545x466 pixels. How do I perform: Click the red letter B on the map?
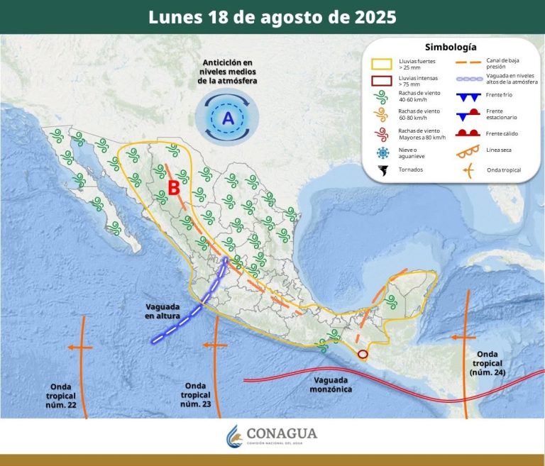click(173, 189)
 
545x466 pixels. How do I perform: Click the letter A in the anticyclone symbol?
click(228, 118)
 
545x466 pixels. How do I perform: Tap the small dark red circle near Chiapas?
click(363, 353)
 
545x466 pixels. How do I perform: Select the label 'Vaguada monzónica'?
click(331, 384)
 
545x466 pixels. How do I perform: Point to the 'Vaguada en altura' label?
click(163, 310)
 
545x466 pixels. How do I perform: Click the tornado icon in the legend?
click(384, 170)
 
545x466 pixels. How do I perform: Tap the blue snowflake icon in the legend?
click(383, 152)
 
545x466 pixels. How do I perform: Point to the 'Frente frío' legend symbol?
click(466, 96)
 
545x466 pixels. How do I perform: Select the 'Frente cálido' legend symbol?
click(466, 133)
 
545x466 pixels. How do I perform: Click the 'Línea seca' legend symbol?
click(466, 151)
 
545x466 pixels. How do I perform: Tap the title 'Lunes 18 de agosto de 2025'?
click(272, 17)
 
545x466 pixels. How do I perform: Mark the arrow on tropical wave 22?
click(79, 348)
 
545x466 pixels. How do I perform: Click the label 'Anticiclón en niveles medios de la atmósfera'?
click(227, 72)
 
